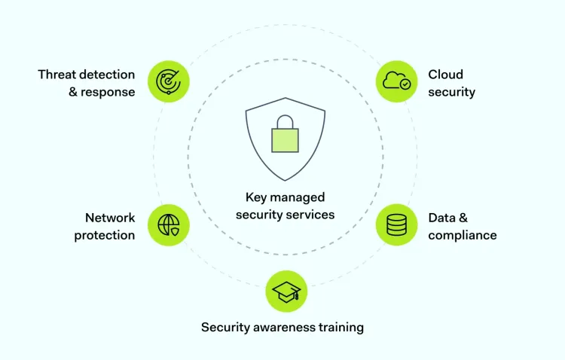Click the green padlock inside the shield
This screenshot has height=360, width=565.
pos(285,140)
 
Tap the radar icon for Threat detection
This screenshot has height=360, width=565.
pos(168,81)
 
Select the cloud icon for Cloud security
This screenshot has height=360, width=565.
pos(396,81)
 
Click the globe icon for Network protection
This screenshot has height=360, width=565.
pos(168,224)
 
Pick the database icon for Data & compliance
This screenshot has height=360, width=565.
pos(396,224)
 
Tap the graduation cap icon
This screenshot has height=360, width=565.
pos(286,291)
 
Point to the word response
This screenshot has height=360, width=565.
pos(109,92)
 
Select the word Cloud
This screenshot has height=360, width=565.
pos(446,75)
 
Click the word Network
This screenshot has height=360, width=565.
pos(110,218)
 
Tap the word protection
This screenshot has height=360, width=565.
pos(104,235)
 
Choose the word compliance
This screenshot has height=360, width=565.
pos(463,235)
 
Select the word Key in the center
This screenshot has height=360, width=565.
pos(256,197)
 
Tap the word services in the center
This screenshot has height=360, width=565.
pos(310,215)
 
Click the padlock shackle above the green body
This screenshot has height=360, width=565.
pos(285,121)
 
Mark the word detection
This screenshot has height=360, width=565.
pos(109,75)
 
